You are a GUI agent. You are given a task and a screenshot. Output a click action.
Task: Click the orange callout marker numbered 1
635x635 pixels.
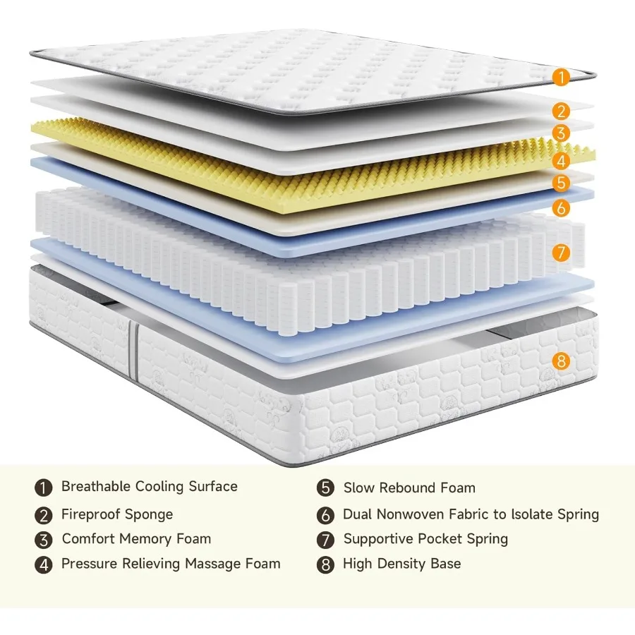[x=561, y=77]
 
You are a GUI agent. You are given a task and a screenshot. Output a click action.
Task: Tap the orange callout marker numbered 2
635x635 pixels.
[x=562, y=111]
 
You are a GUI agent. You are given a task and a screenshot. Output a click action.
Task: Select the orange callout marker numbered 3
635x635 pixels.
[x=562, y=133]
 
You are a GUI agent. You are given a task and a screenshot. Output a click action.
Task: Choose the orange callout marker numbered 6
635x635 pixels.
[x=562, y=208]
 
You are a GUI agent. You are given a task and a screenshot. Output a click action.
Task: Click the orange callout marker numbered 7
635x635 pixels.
[x=562, y=252]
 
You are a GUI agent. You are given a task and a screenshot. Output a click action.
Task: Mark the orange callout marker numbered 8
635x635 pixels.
[x=562, y=361]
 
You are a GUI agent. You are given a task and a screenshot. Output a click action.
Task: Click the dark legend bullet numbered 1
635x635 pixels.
[x=44, y=488]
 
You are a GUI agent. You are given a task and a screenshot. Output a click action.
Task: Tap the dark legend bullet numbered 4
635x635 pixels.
[x=44, y=565]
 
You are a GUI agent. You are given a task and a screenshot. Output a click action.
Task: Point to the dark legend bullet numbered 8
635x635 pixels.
[x=325, y=565]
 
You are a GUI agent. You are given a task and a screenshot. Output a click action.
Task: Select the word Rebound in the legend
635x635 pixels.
[x=406, y=488]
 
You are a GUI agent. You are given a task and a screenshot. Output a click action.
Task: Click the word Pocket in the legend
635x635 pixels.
[x=443, y=539]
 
